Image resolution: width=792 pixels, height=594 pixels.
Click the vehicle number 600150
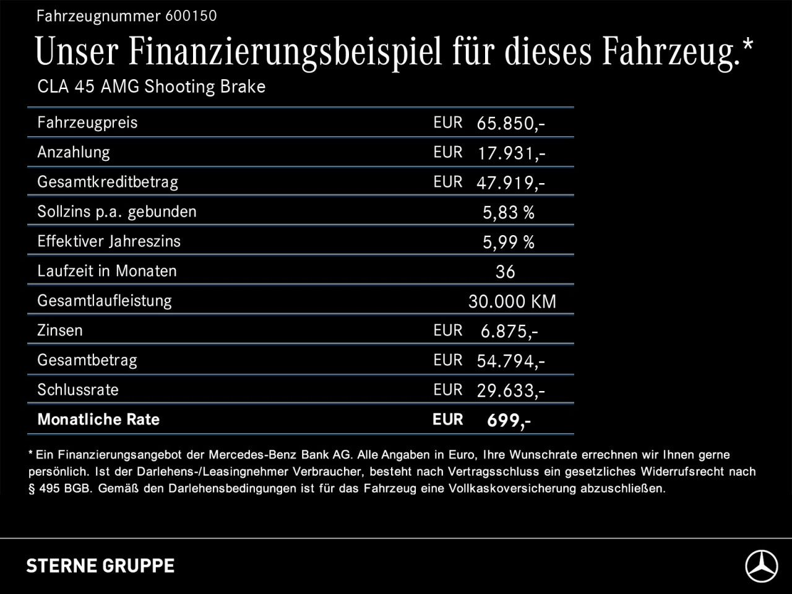(x=191, y=16)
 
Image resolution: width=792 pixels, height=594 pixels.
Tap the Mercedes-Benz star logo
(x=761, y=566)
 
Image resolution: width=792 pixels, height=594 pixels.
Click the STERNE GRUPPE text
(x=100, y=566)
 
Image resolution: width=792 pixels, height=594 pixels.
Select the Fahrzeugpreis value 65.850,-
(x=510, y=124)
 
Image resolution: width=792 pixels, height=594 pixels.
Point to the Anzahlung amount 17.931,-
(x=510, y=153)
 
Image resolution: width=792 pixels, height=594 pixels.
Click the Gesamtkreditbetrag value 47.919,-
(x=510, y=183)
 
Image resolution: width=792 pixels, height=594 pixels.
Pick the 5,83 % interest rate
(x=508, y=213)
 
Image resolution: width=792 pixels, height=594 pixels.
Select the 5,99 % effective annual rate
(x=508, y=243)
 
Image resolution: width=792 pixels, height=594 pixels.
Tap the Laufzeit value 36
(x=505, y=272)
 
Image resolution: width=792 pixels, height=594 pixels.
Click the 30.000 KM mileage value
(x=512, y=302)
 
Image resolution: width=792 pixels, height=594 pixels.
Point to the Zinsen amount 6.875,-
(x=509, y=332)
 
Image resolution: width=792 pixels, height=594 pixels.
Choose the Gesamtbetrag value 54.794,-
(x=510, y=361)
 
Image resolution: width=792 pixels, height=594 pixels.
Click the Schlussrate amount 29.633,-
(x=510, y=391)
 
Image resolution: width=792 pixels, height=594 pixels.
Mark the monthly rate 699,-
(x=509, y=421)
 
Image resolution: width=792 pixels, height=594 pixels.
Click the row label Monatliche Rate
(x=98, y=420)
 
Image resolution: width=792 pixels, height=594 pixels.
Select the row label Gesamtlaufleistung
(x=105, y=301)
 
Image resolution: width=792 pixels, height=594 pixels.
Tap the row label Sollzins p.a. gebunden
(x=117, y=212)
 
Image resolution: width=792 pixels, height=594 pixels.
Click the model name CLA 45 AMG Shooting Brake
(x=151, y=87)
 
